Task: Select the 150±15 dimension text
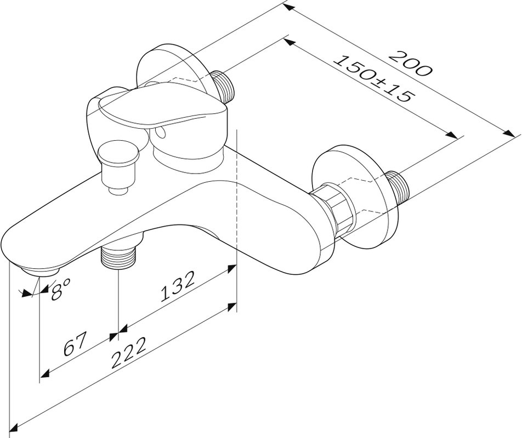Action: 375,78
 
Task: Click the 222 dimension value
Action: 128,353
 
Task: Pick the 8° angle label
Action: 61,289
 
